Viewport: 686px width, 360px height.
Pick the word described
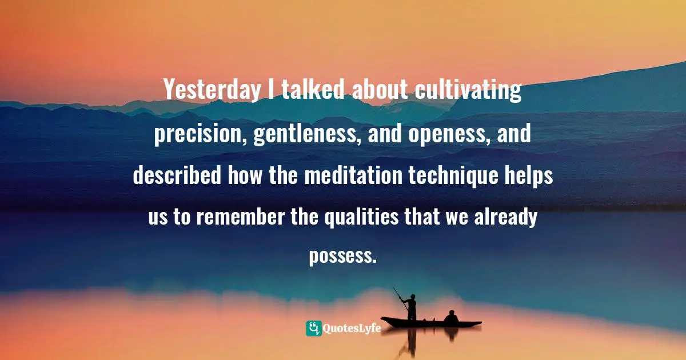tap(177, 175)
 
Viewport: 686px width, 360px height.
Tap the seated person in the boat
tap(451, 318)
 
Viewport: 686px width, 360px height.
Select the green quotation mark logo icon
tap(313, 328)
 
